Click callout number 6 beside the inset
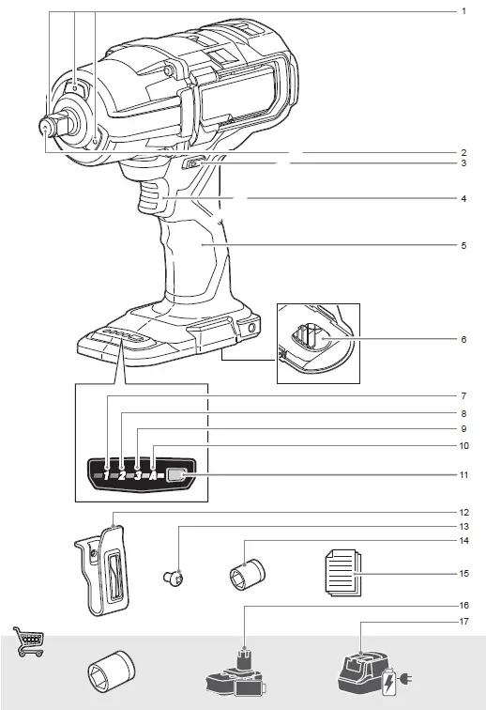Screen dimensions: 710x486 click(x=463, y=339)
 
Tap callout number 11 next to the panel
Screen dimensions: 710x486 click(x=463, y=475)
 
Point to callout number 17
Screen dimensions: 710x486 click(x=463, y=621)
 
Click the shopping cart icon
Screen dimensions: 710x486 click(x=26, y=642)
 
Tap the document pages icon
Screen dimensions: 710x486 click(x=342, y=572)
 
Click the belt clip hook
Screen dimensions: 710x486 click(x=103, y=569)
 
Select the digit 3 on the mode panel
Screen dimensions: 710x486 click(x=137, y=475)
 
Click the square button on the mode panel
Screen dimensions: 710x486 click(x=175, y=475)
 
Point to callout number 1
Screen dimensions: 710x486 click(x=463, y=10)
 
